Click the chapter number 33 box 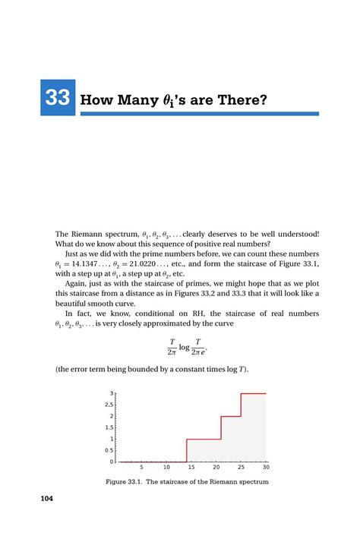(57, 98)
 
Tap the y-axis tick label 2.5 (109, 405)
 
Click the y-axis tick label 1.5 (109, 427)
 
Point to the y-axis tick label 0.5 (109, 450)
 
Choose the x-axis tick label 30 (266, 468)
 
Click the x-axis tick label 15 (191, 468)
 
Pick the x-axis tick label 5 (141, 468)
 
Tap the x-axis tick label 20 (216, 468)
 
